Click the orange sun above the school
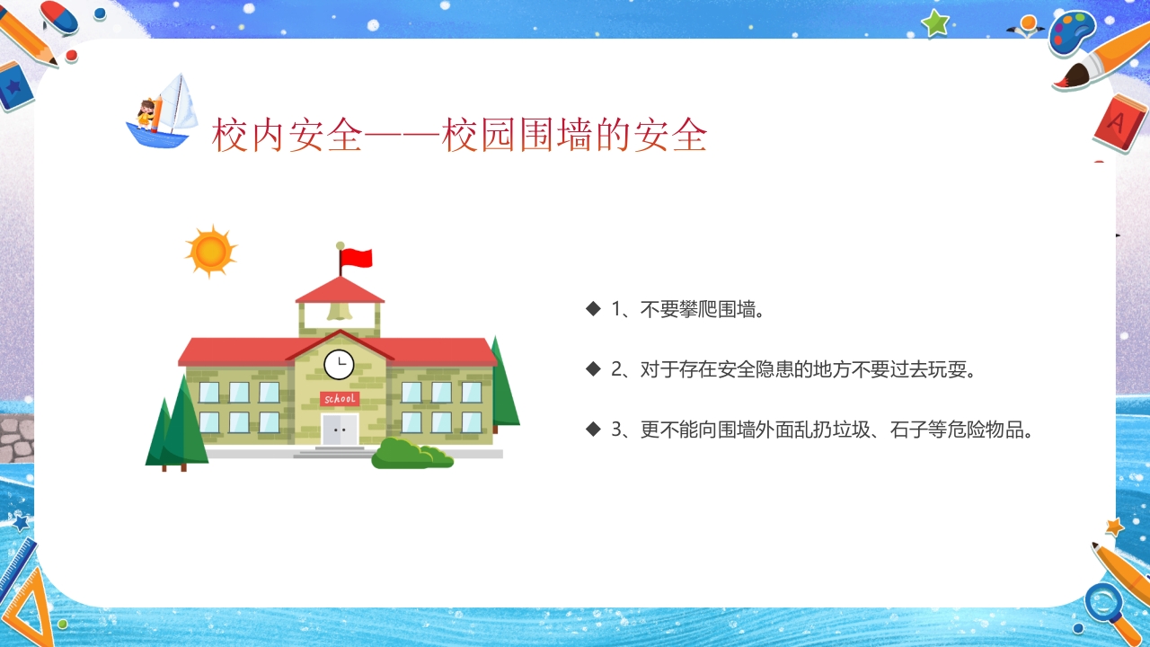click(211, 251)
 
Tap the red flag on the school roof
click(357, 259)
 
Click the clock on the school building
click(339, 364)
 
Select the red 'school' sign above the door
click(340, 398)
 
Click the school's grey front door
click(340, 430)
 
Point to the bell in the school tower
click(339, 311)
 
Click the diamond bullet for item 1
click(593, 309)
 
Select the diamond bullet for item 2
click(593, 369)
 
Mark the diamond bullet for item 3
click(593, 430)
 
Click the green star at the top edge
click(935, 22)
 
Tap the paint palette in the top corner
click(1072, 34)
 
